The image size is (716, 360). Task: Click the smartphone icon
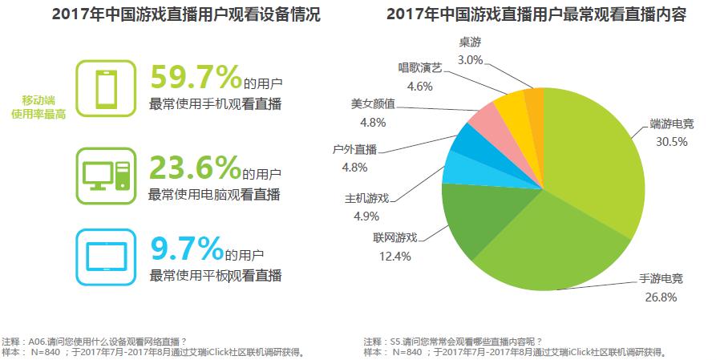click(106, 88)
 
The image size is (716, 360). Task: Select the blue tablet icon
click(106, 256)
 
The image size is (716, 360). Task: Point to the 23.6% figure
click(196, 168)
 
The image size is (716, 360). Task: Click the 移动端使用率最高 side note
click(38, 107)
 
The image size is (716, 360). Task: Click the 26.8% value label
click(661, 297)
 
